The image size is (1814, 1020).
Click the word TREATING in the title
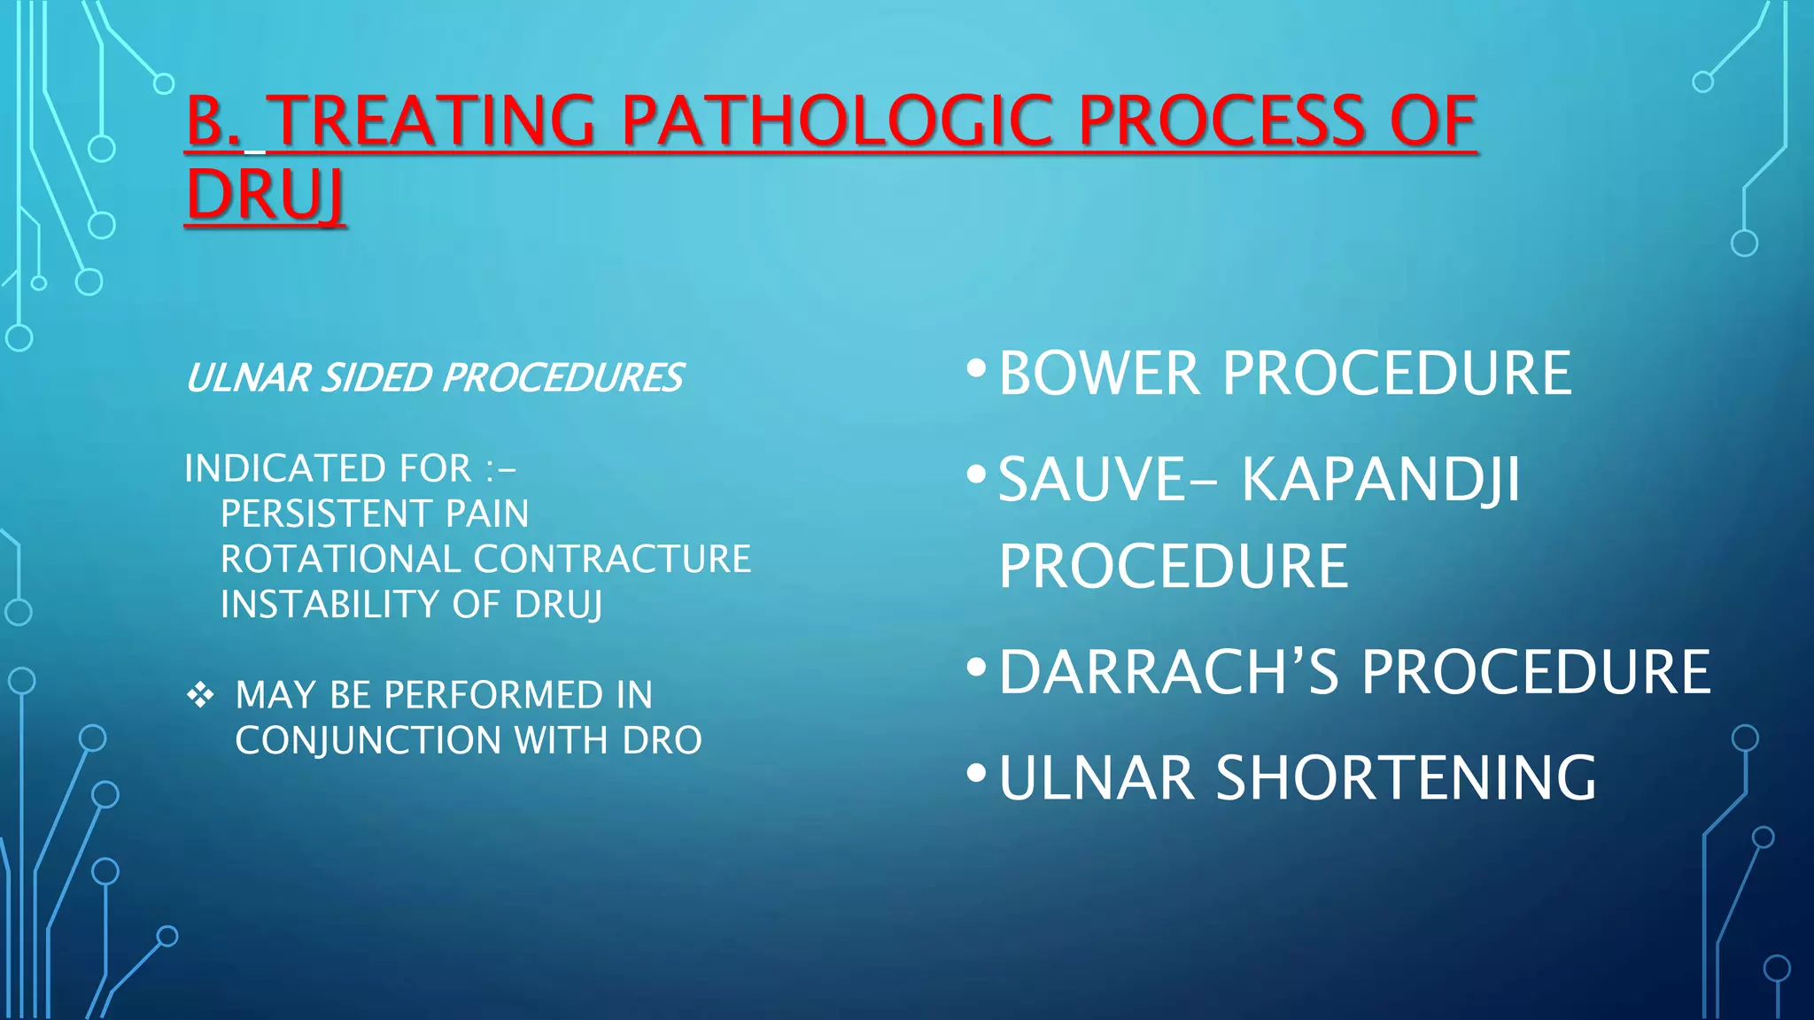(x=430, y=121)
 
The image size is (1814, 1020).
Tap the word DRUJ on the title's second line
(x=265, y=196)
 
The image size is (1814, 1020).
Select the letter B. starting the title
(x=213, y=121)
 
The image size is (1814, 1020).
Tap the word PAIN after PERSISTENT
(x=487, y=514)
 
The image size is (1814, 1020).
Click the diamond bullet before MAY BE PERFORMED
(x=200, y=695)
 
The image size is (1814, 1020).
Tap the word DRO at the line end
(x=662, y=740)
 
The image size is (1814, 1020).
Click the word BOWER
(x=1099, y=374)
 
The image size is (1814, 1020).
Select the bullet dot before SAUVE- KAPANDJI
(x=976, y=475)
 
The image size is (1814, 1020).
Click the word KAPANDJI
(x=1379, y=480)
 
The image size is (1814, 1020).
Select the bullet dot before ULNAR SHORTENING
(x=976, y=773)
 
